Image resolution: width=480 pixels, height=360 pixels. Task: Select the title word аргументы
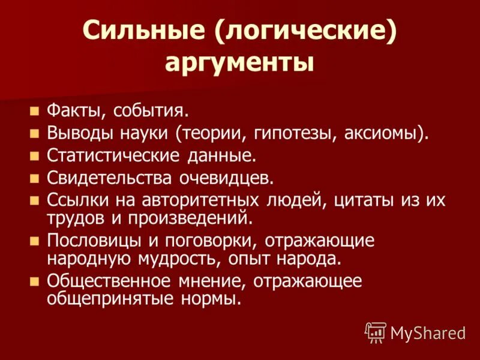240,62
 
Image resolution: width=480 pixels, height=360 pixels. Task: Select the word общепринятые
103,298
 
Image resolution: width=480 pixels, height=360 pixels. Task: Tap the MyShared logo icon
376,332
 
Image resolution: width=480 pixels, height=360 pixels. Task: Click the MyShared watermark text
428,332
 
